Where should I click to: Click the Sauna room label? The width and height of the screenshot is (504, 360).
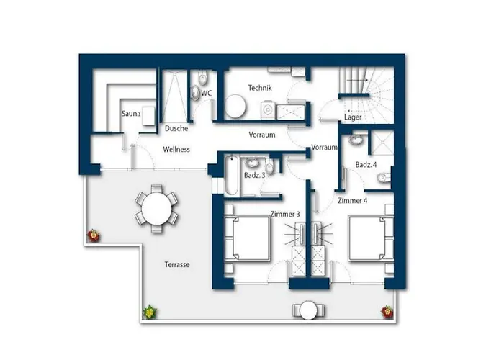[131, 114]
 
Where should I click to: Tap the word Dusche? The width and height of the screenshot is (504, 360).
[176, 128]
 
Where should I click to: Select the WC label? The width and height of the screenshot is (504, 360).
[207, 93]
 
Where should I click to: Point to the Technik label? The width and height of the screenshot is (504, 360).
[260, 88]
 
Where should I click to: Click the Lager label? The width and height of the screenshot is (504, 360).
[353, 117]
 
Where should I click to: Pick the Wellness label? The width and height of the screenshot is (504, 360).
[176, 150]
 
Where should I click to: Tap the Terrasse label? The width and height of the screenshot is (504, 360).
[177, 264]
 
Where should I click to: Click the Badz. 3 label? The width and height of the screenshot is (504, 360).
[255, 175]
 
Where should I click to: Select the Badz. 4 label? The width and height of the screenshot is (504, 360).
[366, 165]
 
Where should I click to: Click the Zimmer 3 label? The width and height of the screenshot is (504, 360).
[285, 214]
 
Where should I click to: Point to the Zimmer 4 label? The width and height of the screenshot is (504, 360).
[353, 201]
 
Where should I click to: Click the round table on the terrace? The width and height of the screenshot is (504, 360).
[157, 208]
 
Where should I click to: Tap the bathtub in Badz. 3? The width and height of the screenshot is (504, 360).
[231, 175]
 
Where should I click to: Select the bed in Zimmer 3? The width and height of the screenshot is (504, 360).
[247, 238]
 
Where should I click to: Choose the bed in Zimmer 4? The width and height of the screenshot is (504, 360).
[371, 238]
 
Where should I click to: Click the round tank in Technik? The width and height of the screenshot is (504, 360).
[235, 106]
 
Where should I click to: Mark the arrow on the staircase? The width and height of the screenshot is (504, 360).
[357, 80]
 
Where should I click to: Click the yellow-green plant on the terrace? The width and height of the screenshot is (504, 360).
[150, 312]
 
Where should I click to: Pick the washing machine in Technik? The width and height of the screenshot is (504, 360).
[267, 110]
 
